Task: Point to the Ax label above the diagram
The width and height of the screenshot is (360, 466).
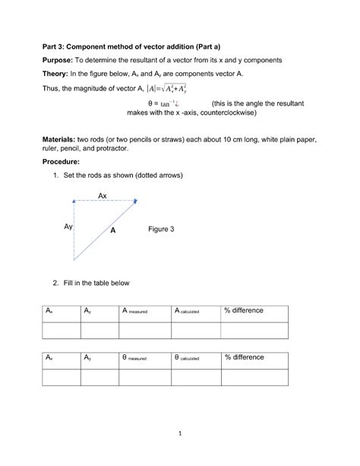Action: click(103, 195)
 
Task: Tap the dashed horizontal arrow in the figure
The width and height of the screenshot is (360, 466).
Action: click(103, 201)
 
